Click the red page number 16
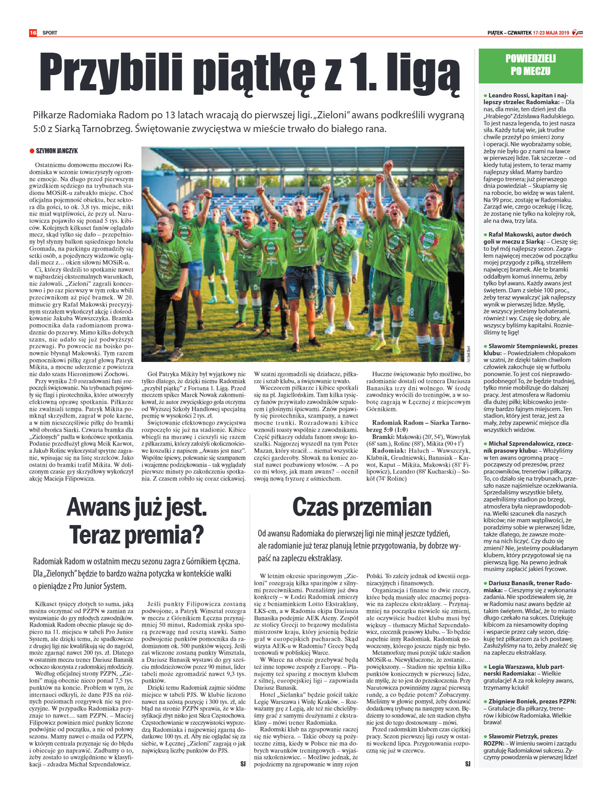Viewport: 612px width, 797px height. [33, 33]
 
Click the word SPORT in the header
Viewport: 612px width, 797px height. [50, 33]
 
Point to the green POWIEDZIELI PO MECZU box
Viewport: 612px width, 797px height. [530, 65]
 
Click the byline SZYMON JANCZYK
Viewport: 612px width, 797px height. [57, 151]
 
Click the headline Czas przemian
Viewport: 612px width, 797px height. [362, 507]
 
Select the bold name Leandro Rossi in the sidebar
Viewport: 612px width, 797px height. [506, 95]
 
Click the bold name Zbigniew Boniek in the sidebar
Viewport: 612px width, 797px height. [512, 701]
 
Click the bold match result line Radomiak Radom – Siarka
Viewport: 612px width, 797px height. [421, 423]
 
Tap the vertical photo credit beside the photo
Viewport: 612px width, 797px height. [469, 354]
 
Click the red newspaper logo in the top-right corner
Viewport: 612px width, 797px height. [577, 33]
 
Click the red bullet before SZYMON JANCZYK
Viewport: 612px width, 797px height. [32, 151]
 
